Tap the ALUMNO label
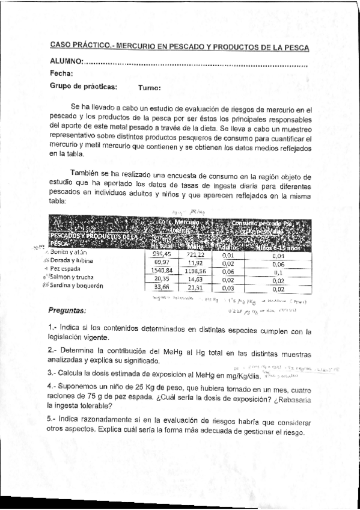(x=66, y=62)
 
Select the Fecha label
(x=61, y=74)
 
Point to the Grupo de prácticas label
(x=83, y=87)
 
